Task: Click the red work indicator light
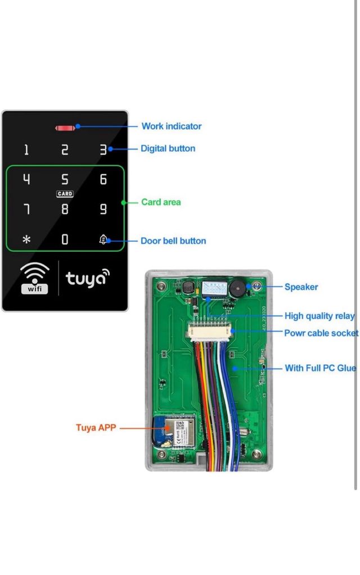pyautogui.click(x=65, y=128)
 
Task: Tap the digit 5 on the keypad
pyautogui.click(x=65, y=180)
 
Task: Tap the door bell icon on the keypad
pyautogui.click(x=103, y=239)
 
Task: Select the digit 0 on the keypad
pyautogui.click(x=65, y=240)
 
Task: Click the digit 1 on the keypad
pyautogui.click(x=26, y=150)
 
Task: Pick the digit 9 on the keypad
pyautogui.click(x=103, y=210)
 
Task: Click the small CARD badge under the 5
pyautogui.click(x=65, y=194)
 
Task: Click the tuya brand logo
pyautogui.click(x=88, y=277)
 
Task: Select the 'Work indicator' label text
pyautogui.click(x=171, y=126)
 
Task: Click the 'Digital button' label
pyautogui.click(x=168, y=149)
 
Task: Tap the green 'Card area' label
pyautogui.click(x=161, y=202)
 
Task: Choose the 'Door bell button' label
pyautogui.click(x=173, y=241)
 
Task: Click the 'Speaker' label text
pyautogui.click(x=301, y=287)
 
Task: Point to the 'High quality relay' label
pyautogui.click(x=319, y=316)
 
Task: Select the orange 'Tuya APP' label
pyautogui.click(x=96, y=428)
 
